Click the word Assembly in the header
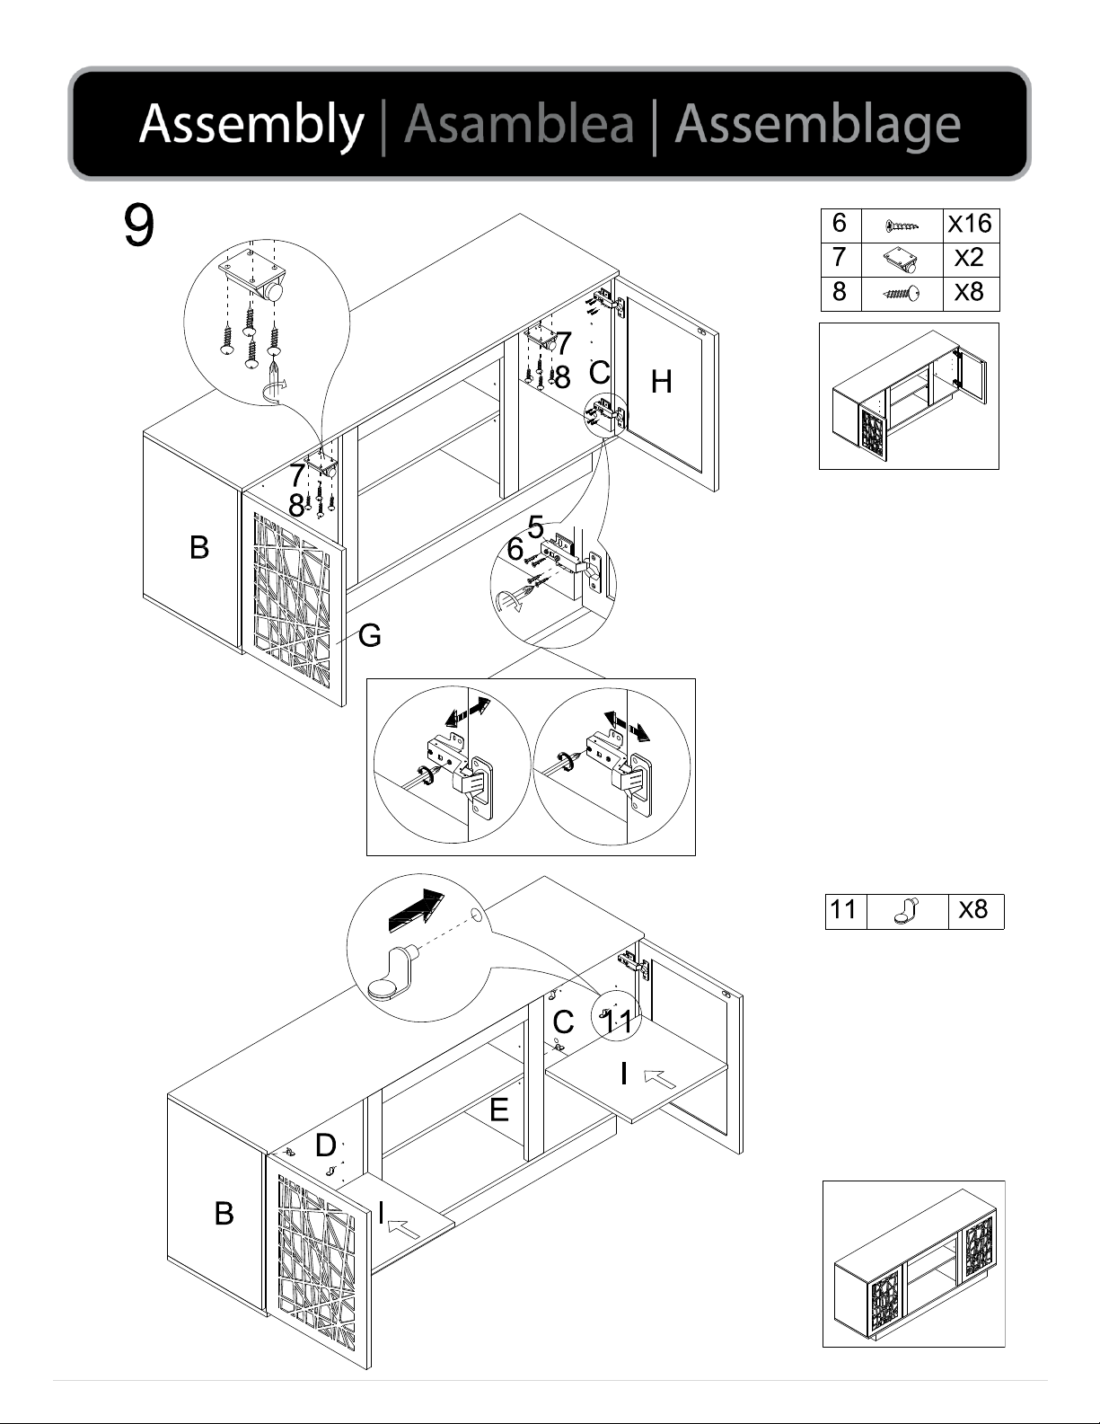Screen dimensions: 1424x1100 pos(251,124)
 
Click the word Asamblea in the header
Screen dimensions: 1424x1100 pos(519,124)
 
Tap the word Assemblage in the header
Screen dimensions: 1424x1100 pos(817,124)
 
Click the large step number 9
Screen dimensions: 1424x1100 pos(138,226)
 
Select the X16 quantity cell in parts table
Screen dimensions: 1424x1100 pos(969,224)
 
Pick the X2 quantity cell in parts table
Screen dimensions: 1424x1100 pos(969,259)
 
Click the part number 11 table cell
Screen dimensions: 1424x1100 pos(843,910)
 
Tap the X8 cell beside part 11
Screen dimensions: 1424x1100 pos(973,910)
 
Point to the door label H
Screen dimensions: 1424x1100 pos(661,383)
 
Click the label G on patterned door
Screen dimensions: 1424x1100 pos(369,636)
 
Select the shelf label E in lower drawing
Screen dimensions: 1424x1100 pos(499,1111)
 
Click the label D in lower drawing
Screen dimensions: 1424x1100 pos(325,1145)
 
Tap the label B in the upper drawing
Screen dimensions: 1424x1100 pos(199,547)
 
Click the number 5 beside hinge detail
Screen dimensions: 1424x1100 pos(536,527)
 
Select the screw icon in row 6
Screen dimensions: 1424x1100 pos(901,225)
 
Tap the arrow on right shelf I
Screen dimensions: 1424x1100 pos(660,1077)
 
